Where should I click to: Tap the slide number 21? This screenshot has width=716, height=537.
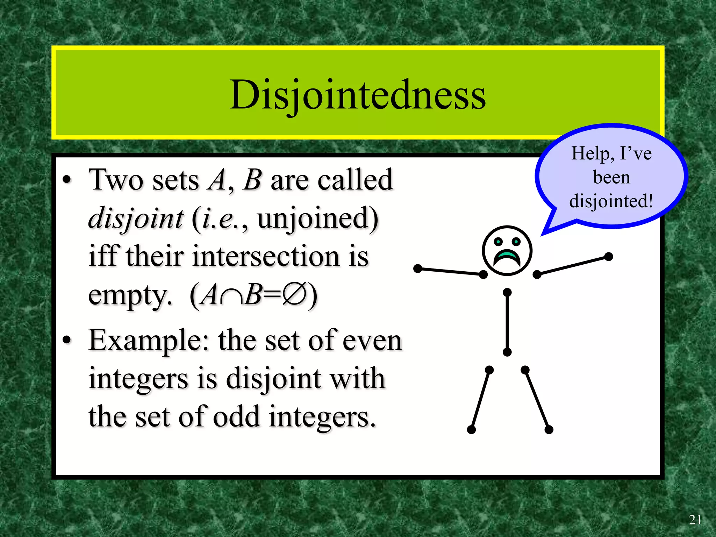point(695,520)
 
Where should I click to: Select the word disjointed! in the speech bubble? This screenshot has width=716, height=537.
point(611,201)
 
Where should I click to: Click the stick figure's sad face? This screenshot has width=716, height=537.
point(507,250)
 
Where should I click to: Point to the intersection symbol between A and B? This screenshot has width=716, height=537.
point(231,296)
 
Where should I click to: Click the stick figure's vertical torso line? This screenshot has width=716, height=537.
point(507,322)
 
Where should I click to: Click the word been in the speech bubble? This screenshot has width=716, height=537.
point(611,178)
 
